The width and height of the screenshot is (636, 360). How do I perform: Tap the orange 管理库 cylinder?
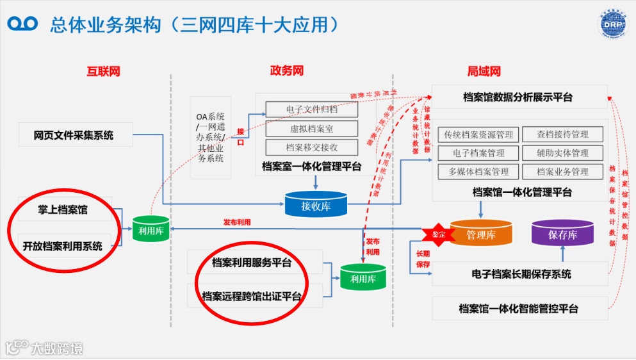(x=480, y=233)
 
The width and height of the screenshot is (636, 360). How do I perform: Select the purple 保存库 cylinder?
(x=562, y=234)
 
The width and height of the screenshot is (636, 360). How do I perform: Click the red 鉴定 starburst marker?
(x=438, y=234)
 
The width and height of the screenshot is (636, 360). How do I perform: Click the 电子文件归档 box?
(x=311, y=110)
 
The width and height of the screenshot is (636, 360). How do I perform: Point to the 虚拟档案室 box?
(x=311, y=129)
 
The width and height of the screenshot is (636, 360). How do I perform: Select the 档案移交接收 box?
(x=311, y=147)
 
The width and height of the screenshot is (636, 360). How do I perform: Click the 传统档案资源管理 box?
(x=478, y=135)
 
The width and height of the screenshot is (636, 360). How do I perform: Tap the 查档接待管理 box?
(x=562, y=135)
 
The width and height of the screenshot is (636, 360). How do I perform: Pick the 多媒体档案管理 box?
(x=478, y=172)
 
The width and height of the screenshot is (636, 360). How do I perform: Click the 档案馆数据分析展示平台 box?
(x=518, y=97)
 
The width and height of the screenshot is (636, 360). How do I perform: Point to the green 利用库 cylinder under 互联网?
(x=151, y=229)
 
